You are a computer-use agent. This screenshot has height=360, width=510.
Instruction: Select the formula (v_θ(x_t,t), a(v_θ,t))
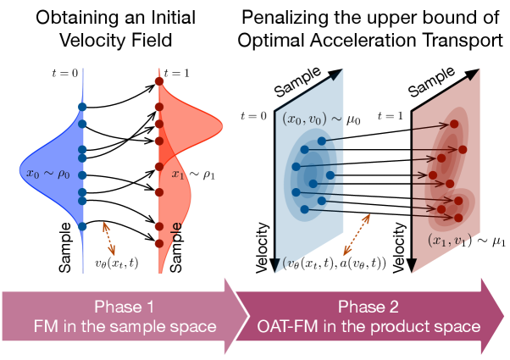[x=336, y=264]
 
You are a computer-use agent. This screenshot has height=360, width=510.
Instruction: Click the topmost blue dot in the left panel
[x=82, y=106]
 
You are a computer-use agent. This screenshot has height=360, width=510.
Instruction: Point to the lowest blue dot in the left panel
[x=82, y=226]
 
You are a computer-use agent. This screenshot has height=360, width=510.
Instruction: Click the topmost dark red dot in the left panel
[x=158, y=82]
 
